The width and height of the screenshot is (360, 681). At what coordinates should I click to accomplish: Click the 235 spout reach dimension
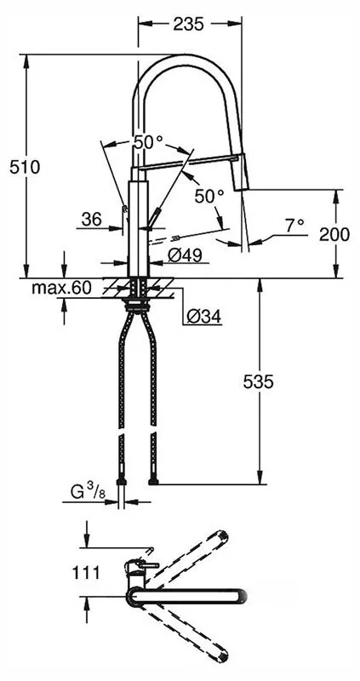click(188, 25)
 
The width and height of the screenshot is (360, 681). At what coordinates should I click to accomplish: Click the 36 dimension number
click(93, 220)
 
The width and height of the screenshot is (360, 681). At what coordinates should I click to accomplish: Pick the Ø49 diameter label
click(185, 255)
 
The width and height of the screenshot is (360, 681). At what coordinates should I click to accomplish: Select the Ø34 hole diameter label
click(203, 317)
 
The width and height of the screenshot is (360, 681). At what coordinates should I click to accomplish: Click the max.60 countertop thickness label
click(61, 288)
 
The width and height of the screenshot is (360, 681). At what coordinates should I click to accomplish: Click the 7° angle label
click(294, 225)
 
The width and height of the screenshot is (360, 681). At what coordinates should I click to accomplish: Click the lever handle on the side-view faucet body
click(154, 220)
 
